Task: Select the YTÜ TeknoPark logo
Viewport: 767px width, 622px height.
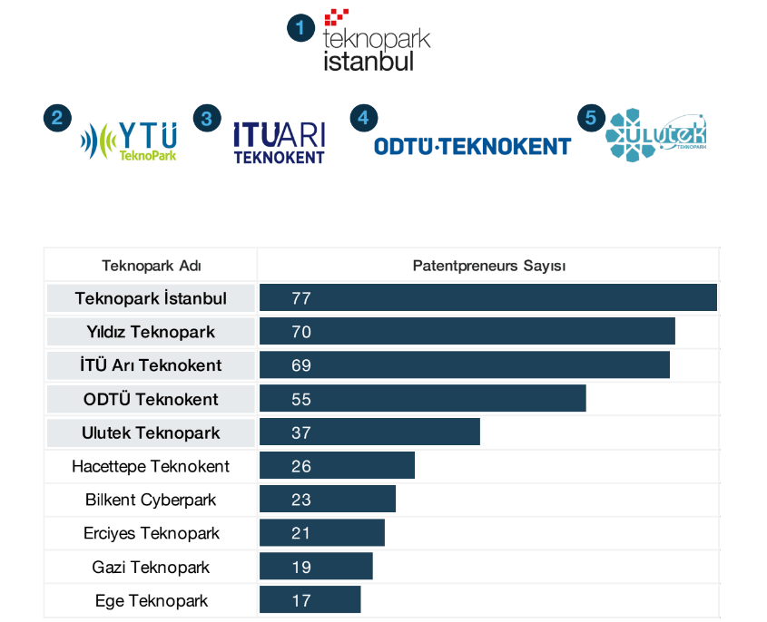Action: tap(129, 140)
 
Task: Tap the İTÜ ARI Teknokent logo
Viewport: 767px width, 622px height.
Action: tap(279, 142)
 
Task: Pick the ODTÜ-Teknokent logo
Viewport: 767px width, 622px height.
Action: tap(472, 145)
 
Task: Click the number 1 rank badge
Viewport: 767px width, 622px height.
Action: tap(300, 29)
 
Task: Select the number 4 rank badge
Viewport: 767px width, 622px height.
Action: tap(364, 118)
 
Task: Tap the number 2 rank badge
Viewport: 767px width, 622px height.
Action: tap(56, 118)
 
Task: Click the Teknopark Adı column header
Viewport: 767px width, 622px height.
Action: tap(152, 266)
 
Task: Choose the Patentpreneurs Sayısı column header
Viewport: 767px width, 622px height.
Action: tap(489, 266)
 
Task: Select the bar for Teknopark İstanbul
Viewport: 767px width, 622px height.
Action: tap(488, 298)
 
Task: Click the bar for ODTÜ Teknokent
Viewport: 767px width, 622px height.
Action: tap(422, 399)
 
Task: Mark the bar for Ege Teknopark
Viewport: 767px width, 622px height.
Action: tap(310, 600)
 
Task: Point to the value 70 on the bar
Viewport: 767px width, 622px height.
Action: tap(301, 332)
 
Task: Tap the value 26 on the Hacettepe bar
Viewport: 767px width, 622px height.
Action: tap(301, 466)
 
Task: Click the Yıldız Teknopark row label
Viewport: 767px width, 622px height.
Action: tap(151, 332)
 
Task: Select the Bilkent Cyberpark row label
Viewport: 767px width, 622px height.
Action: tap(151, 500)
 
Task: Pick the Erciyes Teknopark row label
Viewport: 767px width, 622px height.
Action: tap(151, 533)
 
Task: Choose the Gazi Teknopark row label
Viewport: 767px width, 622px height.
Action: tap(151, 567)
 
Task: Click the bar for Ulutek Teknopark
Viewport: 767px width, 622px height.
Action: tap(369, 432)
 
